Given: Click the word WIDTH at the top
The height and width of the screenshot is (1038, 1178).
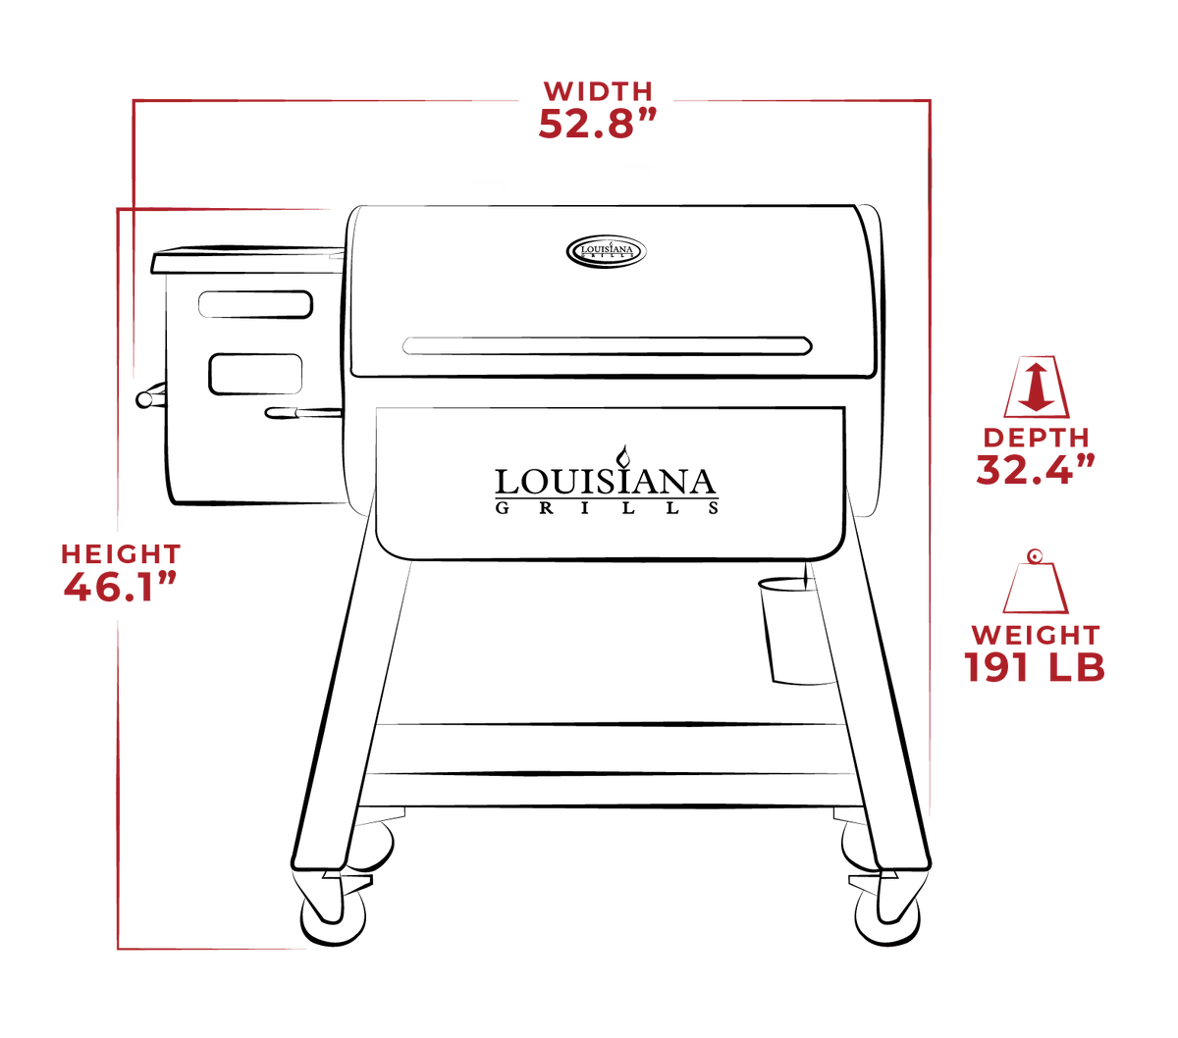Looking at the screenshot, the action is pos(598,92).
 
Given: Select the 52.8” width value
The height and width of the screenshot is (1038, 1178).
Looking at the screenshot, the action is pos(597,124).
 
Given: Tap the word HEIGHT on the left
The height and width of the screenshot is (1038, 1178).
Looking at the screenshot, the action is pos(121,554).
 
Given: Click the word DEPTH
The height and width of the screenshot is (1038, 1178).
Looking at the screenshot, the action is pos(1036,438).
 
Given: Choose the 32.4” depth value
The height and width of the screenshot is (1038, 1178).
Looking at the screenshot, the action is pos(1035,469).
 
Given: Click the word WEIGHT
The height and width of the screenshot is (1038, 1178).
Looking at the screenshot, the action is pos(1036,635).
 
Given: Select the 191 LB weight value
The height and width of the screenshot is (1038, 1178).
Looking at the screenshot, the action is pos(1035,666).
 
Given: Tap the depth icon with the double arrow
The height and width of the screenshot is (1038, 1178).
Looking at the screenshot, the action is pos(1036,388).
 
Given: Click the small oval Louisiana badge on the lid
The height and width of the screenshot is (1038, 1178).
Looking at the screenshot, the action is pos(606,252).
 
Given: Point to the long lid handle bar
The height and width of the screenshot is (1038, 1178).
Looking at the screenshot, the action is pos(607,345).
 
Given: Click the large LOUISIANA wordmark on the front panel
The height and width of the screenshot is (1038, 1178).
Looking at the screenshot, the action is pos(606,481).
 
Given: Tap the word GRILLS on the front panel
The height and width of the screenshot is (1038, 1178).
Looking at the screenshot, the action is pos(607,508).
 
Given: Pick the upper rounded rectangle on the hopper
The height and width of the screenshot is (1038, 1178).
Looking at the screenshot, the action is pos(255,304).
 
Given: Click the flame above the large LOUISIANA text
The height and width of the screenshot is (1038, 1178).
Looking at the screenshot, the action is pos(624,455).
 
